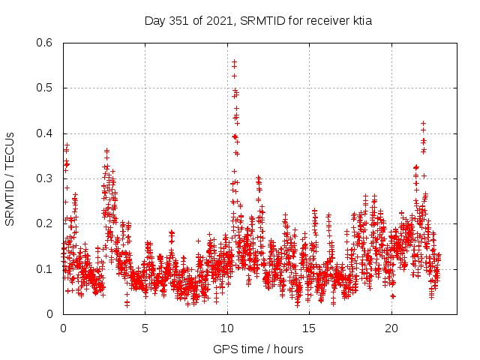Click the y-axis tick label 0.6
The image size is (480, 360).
[44, 43]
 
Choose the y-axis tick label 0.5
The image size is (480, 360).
[44, 88]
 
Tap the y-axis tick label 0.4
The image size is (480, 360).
[44, 133]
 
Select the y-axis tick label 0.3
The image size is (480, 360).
[44, 178]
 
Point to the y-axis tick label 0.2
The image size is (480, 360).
[44, 223]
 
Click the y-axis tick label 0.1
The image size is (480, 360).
[44, 268]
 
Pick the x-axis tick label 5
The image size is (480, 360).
[145, 328]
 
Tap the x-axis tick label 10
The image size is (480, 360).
[227, 328]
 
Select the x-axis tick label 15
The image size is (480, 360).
[309, 328]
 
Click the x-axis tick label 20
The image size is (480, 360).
[391, 328]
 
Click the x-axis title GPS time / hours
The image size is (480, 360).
[259, 349]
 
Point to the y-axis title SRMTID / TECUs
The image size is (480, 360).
[10, 178]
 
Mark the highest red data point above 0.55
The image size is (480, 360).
[235, 61]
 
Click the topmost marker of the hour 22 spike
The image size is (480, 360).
[423, 123]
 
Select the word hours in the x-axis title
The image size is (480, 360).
[288, 349]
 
